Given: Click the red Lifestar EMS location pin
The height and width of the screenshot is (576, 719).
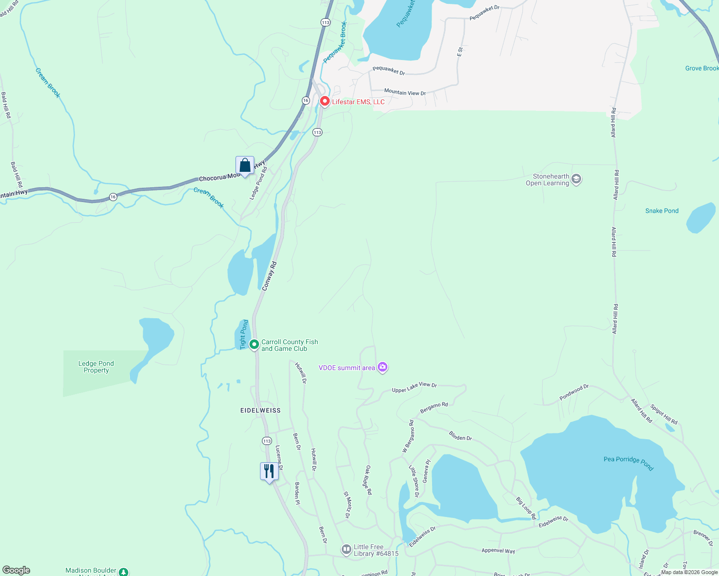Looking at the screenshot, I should (x=324, y=101).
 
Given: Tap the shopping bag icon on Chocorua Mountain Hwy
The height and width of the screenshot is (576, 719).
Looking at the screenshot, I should (x=245, y=166).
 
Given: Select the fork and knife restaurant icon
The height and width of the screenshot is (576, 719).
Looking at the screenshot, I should (x=269, y=471).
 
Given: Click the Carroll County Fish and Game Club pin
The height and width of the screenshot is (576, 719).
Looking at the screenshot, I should (x=254, y=345).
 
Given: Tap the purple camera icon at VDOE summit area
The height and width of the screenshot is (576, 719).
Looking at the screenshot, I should (x=383, y=367).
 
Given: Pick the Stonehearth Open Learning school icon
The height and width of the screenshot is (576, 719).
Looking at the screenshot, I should (x=576, y=180).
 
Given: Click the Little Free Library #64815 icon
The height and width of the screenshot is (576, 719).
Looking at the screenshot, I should (x=346, y=550).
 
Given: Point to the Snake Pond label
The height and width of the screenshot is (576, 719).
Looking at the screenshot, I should (x=661, y=211).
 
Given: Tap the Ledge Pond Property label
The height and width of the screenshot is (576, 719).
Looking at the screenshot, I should (x=96, y=367).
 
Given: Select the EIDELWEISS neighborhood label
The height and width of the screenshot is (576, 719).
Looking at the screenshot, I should (x=260, y=410).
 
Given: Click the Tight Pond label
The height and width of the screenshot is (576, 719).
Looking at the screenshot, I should (x=244, y=334).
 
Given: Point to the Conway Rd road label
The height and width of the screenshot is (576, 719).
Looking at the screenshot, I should (x=269, y=276).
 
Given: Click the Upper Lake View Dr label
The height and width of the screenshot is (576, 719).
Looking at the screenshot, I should (x=414, y=387).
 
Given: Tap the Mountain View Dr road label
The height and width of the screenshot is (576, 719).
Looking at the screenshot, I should (x=405, y=92).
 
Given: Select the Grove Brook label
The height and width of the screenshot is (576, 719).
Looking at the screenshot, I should (x=701, y=68).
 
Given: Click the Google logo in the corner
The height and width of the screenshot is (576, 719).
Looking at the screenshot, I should (x=16, y=570).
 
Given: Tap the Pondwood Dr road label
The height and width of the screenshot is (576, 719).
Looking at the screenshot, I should (x=574, y=392).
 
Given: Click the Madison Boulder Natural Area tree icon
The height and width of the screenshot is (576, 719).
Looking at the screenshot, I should (x=124, y=572).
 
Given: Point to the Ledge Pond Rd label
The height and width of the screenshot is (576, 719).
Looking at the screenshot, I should (x=258, y=183).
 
